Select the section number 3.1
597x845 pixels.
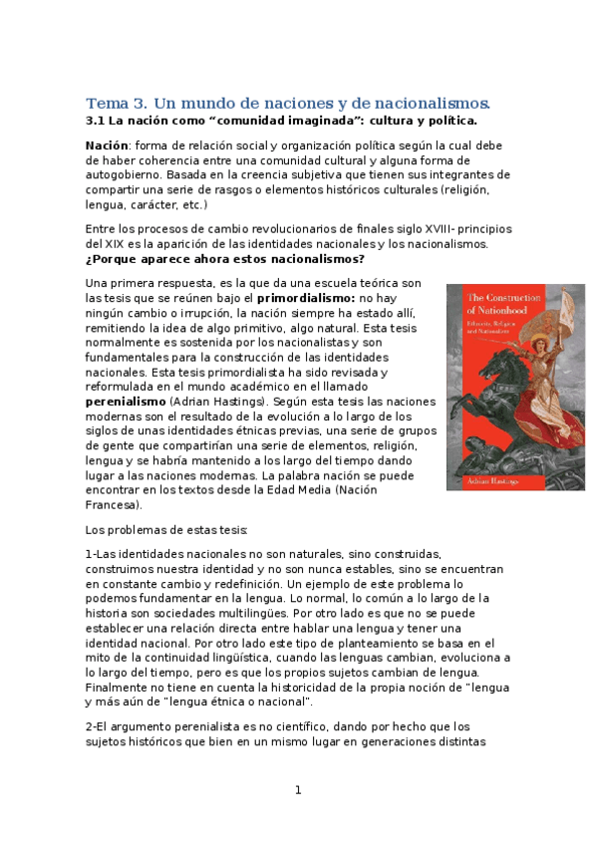coord(97,121)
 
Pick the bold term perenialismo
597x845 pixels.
coord(126,401)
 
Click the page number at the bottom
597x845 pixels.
coord(297,790)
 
